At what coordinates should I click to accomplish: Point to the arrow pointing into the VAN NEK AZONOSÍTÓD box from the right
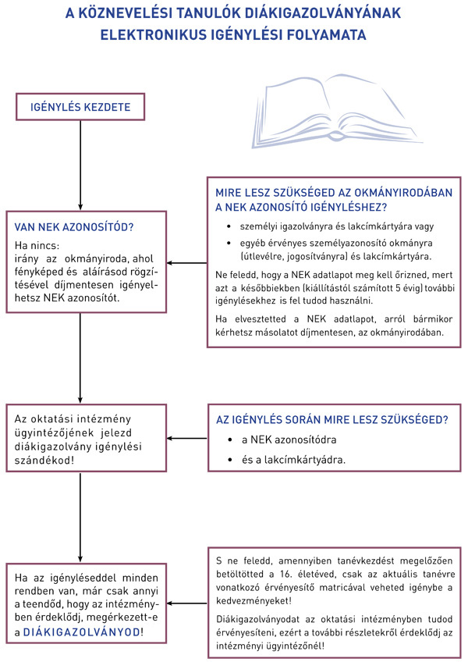(x=187, y=262)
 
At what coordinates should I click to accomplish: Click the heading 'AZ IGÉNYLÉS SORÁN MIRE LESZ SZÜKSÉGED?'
(x=331, y=420)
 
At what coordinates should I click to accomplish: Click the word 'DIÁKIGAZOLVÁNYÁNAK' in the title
(x=317, y=13)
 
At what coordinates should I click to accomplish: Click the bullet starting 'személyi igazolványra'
(x=326, y=226)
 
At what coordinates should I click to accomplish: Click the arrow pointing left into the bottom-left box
(x=187, y=603)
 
